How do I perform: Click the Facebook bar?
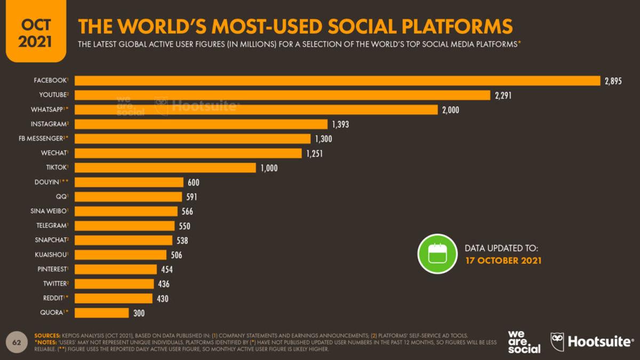(338, 81)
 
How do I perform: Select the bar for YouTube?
(282, 95)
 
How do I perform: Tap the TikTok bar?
(165, 167)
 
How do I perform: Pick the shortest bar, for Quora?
(101, 313)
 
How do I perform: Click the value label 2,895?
(613, 81)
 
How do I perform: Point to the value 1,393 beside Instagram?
(340, 124)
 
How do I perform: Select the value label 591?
(190, 197)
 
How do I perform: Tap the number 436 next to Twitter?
(164, 284)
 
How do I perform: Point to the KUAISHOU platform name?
(52, 254)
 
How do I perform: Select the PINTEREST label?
(52, 269)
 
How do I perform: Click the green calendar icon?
(437, 254)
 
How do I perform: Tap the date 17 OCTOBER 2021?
(503, 261)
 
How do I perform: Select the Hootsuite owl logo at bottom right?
(557, 341)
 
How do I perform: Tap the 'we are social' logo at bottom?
(524, 341)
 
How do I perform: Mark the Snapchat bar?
(123, 240)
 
